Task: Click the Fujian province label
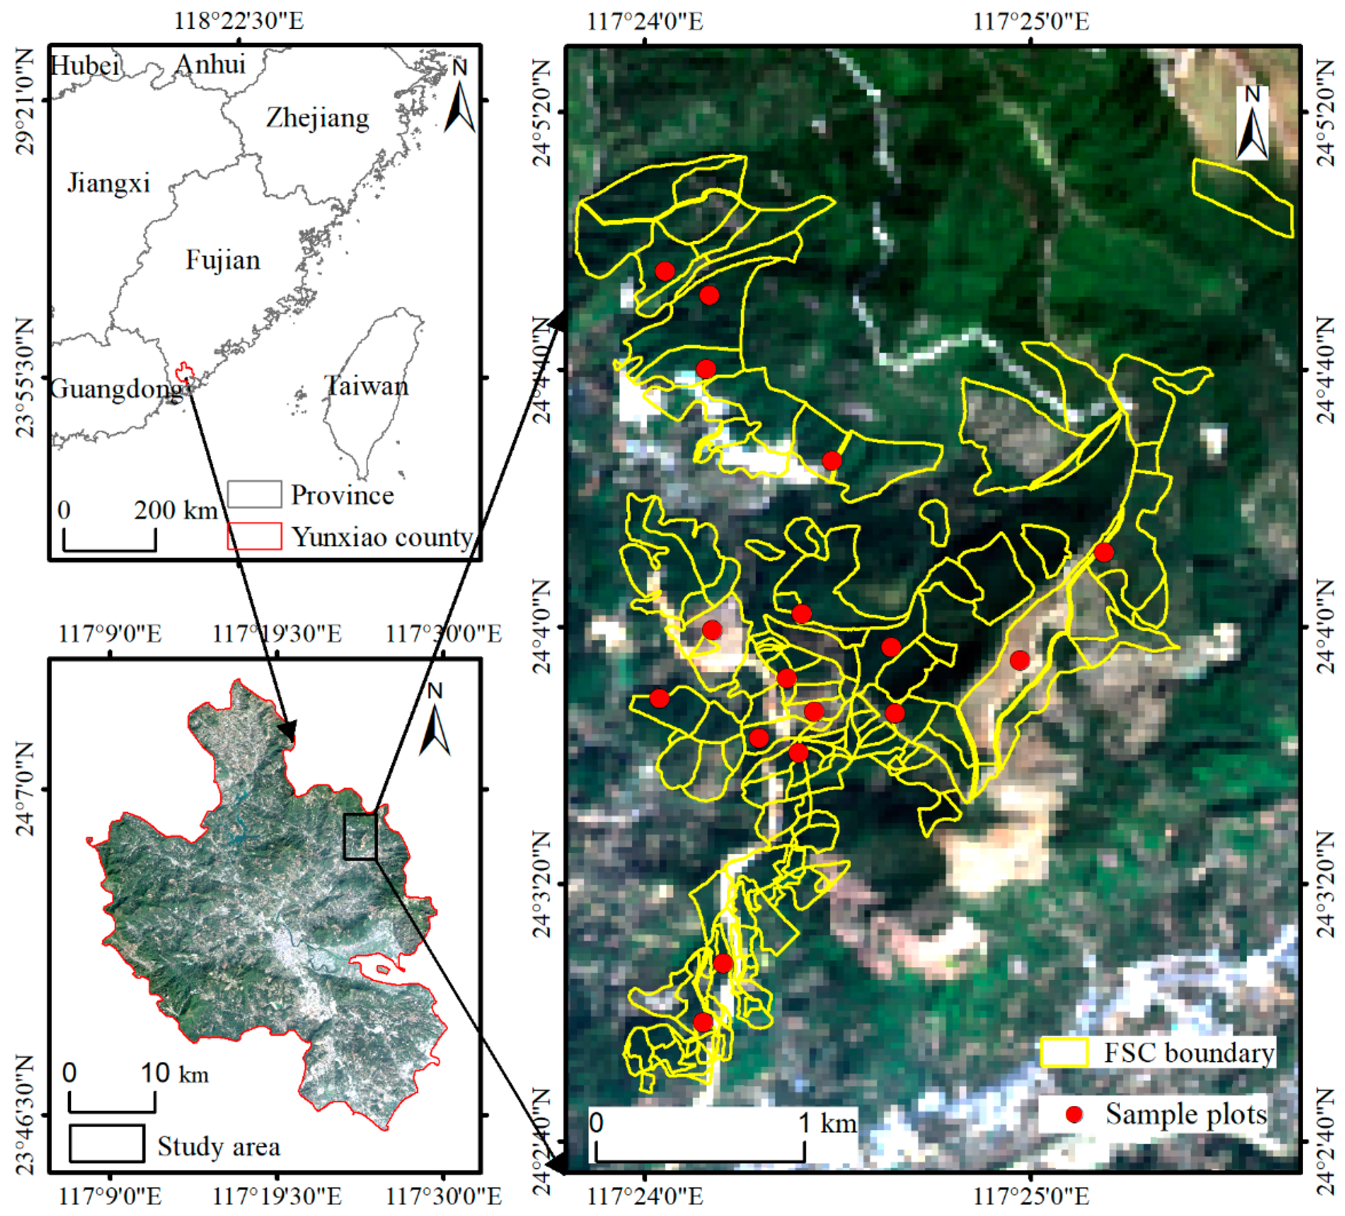pos(223,260)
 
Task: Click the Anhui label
pos(210,65)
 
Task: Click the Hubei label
pos(86,66)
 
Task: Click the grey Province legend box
pos(254,494)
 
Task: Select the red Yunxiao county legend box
pos(254,536)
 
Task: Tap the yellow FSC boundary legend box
pos(1064,1052)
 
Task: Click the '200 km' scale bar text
pos(175,510)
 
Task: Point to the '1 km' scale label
pos(827,1123)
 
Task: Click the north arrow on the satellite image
pos(1252,123)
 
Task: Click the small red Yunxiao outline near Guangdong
pos(184,372)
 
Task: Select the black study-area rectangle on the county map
pos(360,836)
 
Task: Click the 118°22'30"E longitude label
pos(239,21)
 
